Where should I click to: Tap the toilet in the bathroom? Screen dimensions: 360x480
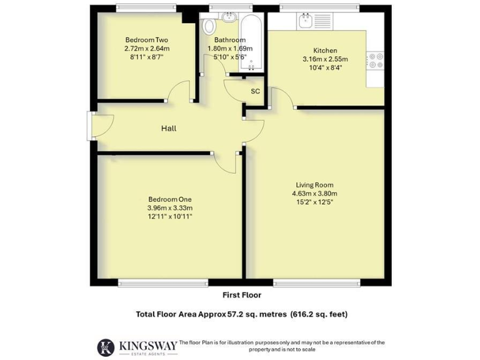(x=209, y=26)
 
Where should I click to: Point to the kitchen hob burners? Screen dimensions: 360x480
(x=376, y=60)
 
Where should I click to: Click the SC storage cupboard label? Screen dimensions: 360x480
(x=255, y=91)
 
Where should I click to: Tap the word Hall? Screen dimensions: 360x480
(x=169, y=129)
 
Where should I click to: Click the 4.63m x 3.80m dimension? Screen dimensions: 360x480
(x=314, y=193)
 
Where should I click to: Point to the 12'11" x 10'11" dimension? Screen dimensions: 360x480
(x=169, y=216)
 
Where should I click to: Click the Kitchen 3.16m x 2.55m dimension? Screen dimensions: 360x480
(x=325, y=59)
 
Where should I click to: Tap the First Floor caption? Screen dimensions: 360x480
(x=242, y=295)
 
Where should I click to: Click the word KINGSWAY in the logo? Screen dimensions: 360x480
(x=146, y=344)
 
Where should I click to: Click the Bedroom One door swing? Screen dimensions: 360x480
(x=225, y=161)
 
